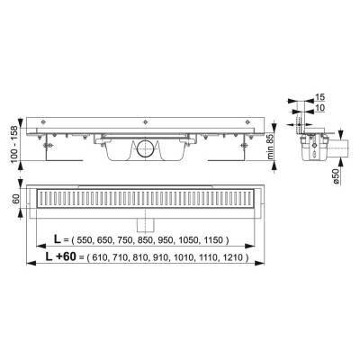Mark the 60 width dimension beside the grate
click(x=15, y=198)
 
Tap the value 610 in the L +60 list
click(x=103, y=257)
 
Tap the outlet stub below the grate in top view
click(x=143, y=220)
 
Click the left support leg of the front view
click(x=57, y=146)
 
